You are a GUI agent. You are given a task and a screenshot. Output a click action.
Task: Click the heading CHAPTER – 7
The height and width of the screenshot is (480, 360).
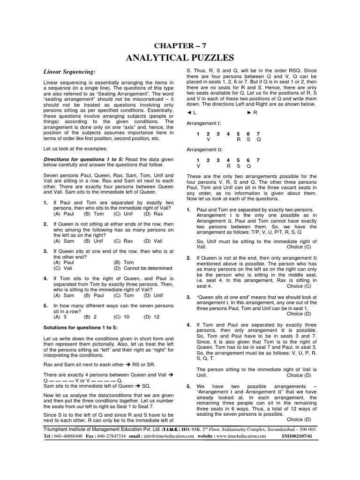(180, 45)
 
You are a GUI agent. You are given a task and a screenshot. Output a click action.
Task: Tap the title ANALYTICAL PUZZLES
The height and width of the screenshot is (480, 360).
(180, 58)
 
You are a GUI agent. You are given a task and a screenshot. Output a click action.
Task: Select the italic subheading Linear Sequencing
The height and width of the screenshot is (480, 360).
(69, 72)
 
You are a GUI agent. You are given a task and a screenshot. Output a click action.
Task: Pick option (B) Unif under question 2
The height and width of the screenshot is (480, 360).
(93, 241)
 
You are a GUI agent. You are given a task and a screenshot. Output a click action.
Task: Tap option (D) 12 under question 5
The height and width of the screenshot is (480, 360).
(152, 316)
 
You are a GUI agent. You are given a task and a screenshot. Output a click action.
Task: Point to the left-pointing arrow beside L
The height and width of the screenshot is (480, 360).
(188, 112)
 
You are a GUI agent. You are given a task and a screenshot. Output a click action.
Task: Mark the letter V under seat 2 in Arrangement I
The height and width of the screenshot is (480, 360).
(208, 139)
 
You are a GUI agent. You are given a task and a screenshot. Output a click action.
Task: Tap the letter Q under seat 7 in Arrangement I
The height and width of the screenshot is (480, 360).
(258, 139)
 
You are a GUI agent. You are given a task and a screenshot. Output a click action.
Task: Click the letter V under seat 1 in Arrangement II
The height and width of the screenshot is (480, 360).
(198, 166)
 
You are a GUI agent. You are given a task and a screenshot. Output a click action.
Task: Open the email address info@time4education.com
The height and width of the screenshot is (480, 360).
(171, 435)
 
